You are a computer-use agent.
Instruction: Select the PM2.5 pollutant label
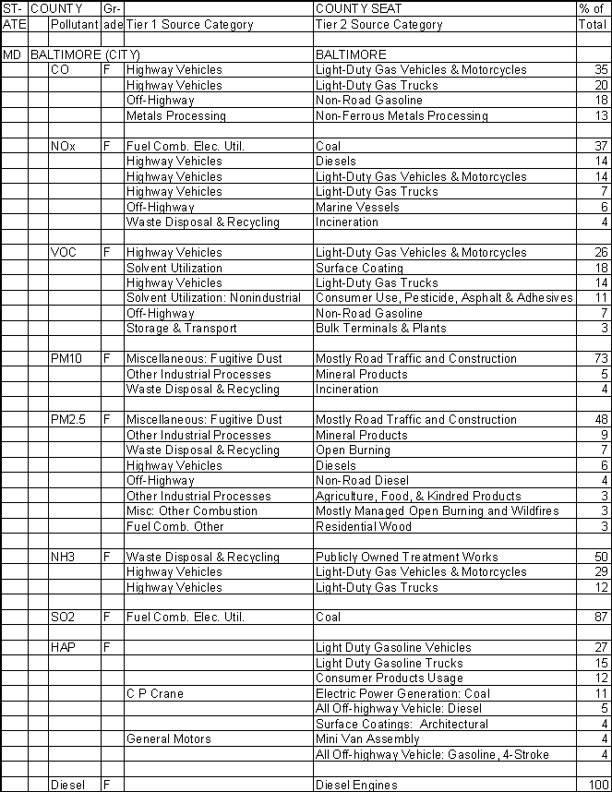[69, 420]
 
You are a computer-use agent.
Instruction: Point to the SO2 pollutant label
[64, 618]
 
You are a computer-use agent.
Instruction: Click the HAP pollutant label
[64, 648]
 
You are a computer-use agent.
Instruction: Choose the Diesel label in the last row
[67, 786]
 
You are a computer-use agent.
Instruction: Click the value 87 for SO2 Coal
[602, 618]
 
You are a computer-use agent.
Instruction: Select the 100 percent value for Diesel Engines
[598, 786]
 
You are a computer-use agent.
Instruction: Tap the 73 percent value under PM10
[602, 359]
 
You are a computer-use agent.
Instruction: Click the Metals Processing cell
[175, 116]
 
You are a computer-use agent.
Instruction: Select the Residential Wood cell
[364, 527]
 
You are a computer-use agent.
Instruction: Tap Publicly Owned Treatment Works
[406, 558]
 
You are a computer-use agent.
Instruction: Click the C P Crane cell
[155, 694]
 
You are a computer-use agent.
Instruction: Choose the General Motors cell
[168, 739]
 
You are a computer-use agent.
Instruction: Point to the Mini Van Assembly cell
[366, 739]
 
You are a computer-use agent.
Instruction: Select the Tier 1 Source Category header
[189, 25]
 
